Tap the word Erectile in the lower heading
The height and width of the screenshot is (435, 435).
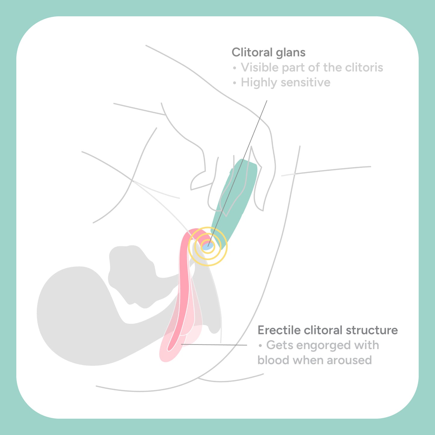(279, 330)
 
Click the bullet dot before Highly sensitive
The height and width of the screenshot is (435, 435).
(235, 83)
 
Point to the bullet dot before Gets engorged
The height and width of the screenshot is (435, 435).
(260, 346)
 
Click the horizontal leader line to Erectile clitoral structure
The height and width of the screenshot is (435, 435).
(214, 345)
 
